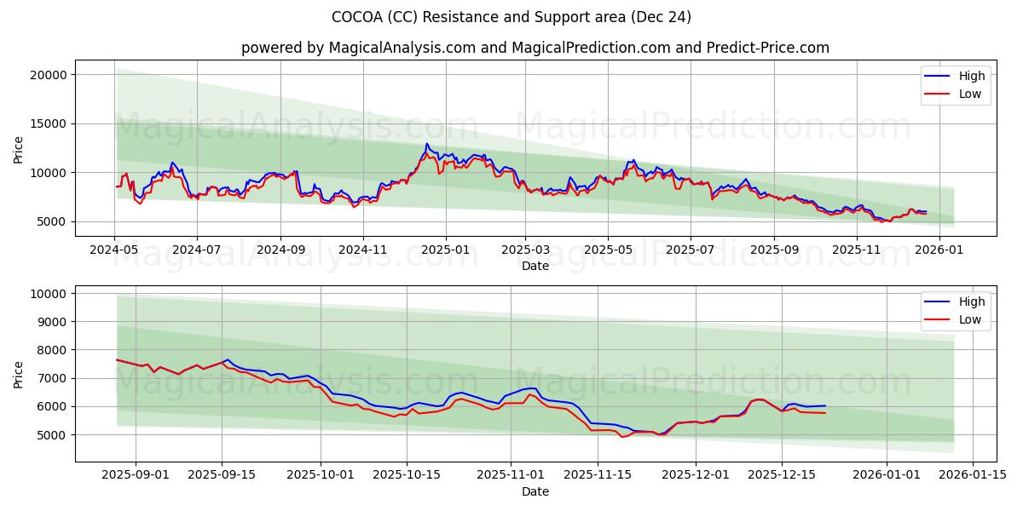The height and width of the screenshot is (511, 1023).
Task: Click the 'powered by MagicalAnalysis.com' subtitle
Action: tap(535, 48)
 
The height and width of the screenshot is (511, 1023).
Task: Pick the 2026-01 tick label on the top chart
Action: tap(939, 251)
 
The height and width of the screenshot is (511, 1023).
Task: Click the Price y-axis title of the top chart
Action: tap(19, 148)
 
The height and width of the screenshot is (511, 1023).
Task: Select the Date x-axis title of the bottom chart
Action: tap(535, 491)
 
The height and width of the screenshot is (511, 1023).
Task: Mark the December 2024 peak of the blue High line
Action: tap(426, 144)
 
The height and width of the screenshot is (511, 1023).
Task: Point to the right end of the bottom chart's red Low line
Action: tap(824, 413)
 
